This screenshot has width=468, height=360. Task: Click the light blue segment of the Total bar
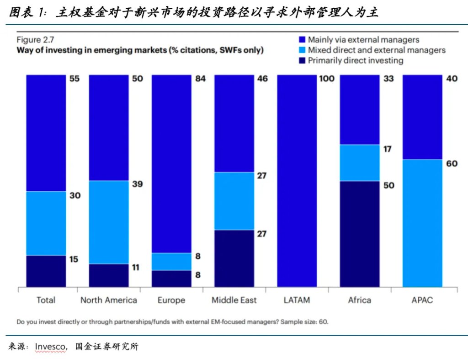pos(46,223)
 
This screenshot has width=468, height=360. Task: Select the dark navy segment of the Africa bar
pos(360,234)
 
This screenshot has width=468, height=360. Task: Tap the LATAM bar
pos(297,181)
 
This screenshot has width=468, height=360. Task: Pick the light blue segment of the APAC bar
pos(422,223)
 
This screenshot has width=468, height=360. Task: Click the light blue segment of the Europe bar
pos(171,262)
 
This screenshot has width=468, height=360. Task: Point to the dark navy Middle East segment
pos(234,258)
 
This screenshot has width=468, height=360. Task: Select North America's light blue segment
pos(109,222)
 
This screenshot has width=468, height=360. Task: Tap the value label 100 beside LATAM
pos(327,79)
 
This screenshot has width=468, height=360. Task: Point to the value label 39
pos(137,184)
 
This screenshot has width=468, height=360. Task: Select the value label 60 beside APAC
pos(452,164)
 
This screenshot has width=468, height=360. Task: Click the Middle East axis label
pos(234,300)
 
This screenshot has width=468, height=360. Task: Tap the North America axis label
pos(109,300)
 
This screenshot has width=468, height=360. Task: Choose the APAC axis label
pos(422,300)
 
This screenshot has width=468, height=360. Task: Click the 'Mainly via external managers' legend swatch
pos(302,40)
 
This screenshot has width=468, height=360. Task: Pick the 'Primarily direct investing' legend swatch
pos(302,60)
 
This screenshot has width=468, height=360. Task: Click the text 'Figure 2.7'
pos(35,39)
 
